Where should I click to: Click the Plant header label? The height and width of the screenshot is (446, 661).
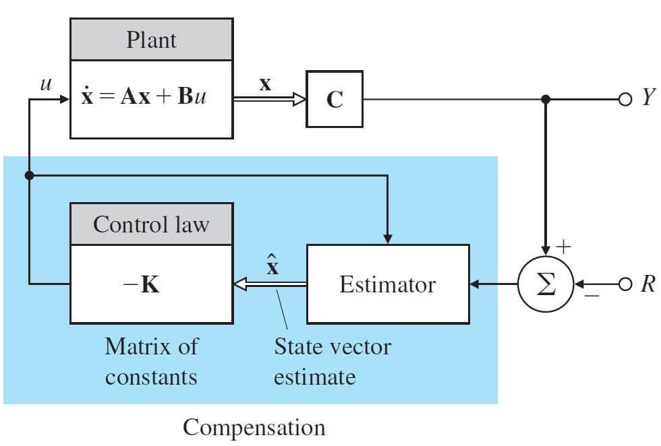(x=151, y=39)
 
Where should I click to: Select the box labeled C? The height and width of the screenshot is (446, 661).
(x=335, y=99)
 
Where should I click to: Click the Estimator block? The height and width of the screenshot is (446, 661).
(x=388, y=284)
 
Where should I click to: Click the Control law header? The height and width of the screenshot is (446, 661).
(x=151, y=224)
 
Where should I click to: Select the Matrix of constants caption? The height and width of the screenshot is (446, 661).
(x=151, y=361)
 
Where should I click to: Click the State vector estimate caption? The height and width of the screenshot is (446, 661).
(x=332, y=361)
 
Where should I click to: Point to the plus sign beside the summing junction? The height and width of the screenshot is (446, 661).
(x=563, y=247)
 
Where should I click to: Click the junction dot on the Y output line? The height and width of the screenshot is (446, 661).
(x=546, y=99)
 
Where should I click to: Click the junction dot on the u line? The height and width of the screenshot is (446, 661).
(x=29, y=176)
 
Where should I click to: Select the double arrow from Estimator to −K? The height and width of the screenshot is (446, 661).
(x=270, y=284)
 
